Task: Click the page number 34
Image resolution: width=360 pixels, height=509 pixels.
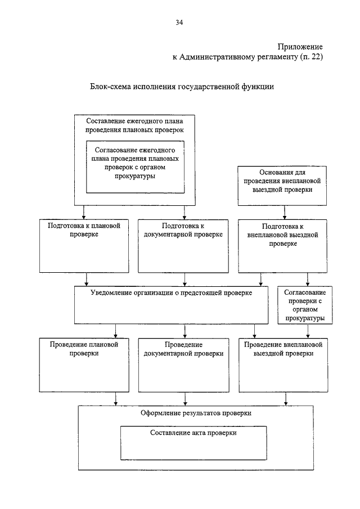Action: (179, 22)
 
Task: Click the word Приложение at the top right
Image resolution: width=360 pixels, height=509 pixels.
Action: (300, 47)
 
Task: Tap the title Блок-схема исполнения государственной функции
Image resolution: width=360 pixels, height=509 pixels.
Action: (182, 87)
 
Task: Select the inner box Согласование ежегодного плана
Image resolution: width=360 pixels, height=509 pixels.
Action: (135, 167)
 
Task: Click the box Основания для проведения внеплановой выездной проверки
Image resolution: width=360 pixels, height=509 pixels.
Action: (282, 186)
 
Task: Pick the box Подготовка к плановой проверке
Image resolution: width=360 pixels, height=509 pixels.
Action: (84, 246)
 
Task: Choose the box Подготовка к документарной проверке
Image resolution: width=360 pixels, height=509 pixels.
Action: (183, 246)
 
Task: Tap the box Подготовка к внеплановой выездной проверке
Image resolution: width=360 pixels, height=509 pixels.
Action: (282, 246)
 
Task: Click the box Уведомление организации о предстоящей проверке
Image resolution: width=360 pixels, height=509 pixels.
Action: (171, 305)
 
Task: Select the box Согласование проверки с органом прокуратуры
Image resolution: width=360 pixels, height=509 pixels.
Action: (305, 305)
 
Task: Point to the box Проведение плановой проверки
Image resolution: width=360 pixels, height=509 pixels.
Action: (84, 365)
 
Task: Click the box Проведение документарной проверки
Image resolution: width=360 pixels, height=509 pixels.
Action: (183, 365)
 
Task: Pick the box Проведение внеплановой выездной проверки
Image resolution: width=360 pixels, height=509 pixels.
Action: (283, 365)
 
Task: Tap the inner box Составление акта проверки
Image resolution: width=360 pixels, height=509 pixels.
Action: (193, 443)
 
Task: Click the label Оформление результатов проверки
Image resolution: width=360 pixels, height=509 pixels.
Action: (196, 413)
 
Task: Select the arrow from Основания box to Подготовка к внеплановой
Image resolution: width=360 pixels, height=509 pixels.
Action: (285, 212)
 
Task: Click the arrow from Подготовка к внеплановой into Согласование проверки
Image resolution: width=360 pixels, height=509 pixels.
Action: (308, 279)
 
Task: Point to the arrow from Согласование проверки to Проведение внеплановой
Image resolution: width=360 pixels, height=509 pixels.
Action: (308, 331)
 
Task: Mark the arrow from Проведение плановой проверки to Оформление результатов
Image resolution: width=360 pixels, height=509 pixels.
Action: (116, 399)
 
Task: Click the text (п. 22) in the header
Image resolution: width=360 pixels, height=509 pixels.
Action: (311, 57)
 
